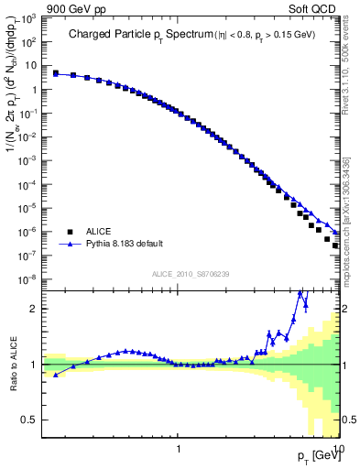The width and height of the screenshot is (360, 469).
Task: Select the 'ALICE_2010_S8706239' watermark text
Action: pos(191,275)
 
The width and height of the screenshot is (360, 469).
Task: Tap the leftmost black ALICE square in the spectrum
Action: pos(56,73)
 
